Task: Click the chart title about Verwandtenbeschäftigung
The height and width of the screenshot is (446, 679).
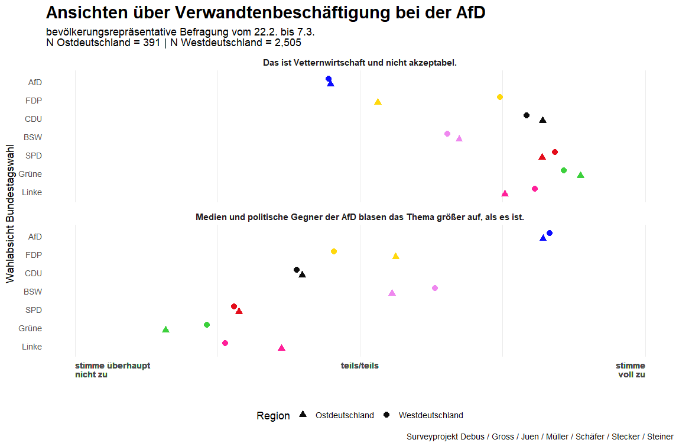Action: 265,13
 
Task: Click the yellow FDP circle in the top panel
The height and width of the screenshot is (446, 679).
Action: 500,97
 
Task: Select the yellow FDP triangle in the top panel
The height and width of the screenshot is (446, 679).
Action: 378,102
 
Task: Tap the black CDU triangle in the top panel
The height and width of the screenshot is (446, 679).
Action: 542,121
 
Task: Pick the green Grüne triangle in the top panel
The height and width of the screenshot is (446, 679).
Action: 580,175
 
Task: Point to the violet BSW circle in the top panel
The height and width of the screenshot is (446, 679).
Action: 447,134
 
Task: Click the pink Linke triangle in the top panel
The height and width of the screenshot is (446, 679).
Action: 505,193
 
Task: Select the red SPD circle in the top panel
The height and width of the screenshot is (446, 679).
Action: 555,152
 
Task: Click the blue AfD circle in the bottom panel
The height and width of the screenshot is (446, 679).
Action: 550,233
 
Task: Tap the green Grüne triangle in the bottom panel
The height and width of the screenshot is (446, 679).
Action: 166,329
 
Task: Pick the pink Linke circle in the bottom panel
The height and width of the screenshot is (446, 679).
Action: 225,343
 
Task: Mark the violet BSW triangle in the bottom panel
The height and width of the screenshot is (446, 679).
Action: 392,293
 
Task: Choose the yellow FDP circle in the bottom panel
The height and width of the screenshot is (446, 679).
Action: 334,251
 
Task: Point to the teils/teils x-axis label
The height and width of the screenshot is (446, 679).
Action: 360,366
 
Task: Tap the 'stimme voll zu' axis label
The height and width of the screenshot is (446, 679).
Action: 631,370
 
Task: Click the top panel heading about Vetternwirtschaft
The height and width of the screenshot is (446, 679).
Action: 359,63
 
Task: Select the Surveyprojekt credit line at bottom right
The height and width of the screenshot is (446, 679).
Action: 540,437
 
